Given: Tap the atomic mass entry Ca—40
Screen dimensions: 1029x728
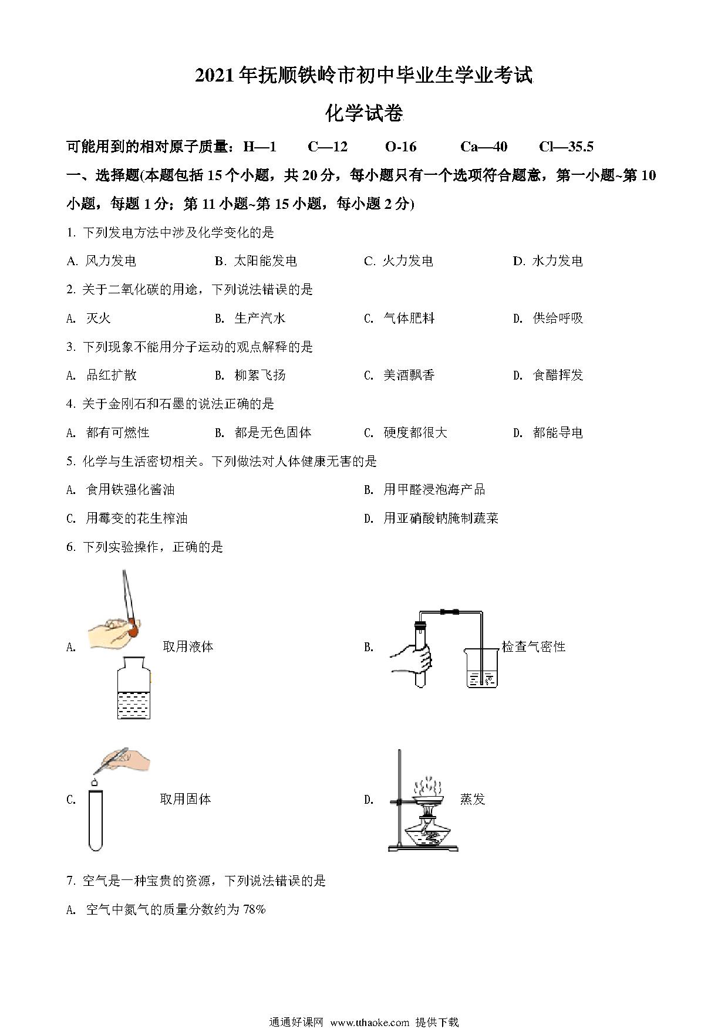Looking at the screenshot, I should [x=484, y=147].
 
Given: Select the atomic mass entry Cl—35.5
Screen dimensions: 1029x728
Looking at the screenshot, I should [x=566, y=147].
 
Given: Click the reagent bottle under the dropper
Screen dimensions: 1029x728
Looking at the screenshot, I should [x=134, y=688].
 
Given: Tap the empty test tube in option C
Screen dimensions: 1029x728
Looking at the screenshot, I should [x=95, y=820].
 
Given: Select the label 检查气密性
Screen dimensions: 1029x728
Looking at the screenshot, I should [x=533, y=646].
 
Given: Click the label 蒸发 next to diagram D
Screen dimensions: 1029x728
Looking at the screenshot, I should [x=472, y=799].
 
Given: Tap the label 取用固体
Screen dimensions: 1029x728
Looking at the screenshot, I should [x=185, y=799].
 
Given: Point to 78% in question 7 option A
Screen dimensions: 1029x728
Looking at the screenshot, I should [x=254, y=909].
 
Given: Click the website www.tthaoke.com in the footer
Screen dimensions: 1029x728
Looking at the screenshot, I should [x=369, y=1022].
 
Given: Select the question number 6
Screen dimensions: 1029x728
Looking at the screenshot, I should [x=71, y=547].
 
